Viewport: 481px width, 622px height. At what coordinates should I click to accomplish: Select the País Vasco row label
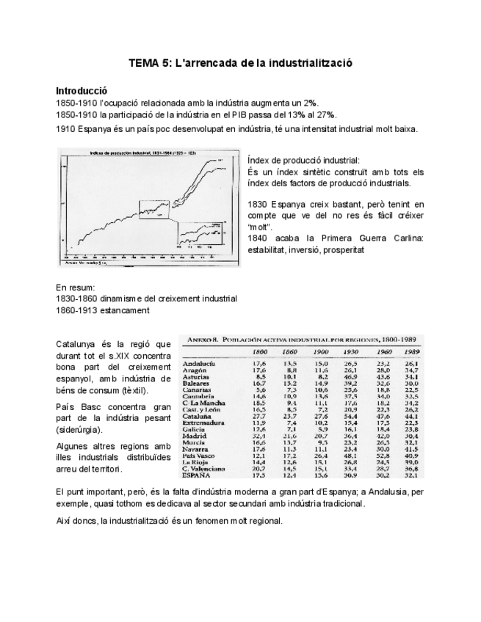(x=199, y=455)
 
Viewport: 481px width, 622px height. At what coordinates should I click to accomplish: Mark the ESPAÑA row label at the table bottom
(x=197, y=475)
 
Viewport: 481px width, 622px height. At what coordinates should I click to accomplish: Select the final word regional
(x=264, y=520)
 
